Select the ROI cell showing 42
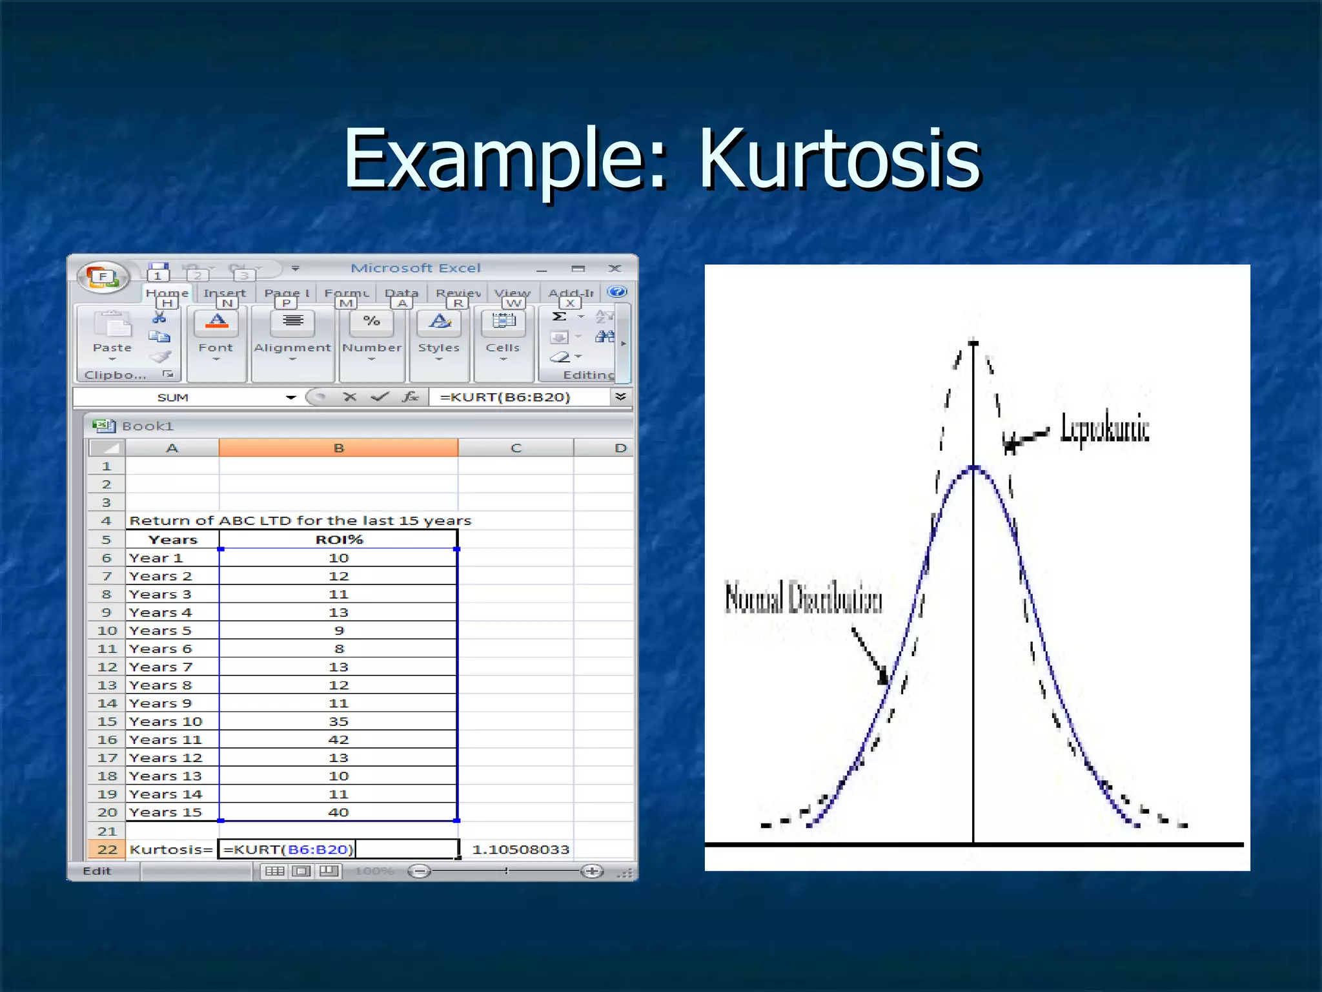[x=338, y=739]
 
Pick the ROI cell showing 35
[x=338, y=721]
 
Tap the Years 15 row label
[x=166, y=812]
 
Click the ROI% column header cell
[x=338, y=539]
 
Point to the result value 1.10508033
[x=520, y=849]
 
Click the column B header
[x=338, y=448]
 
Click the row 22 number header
[x=107, y=849]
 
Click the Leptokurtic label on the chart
[x=1104, y=428]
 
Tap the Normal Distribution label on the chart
[x=803, y=597]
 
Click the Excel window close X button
[x=615, y=268]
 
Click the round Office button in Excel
[x=103, y=277]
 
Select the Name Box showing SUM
[x=173, y=397]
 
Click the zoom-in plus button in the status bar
[x=591, y=871]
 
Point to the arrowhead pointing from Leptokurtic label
[x=1010, y=443]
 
